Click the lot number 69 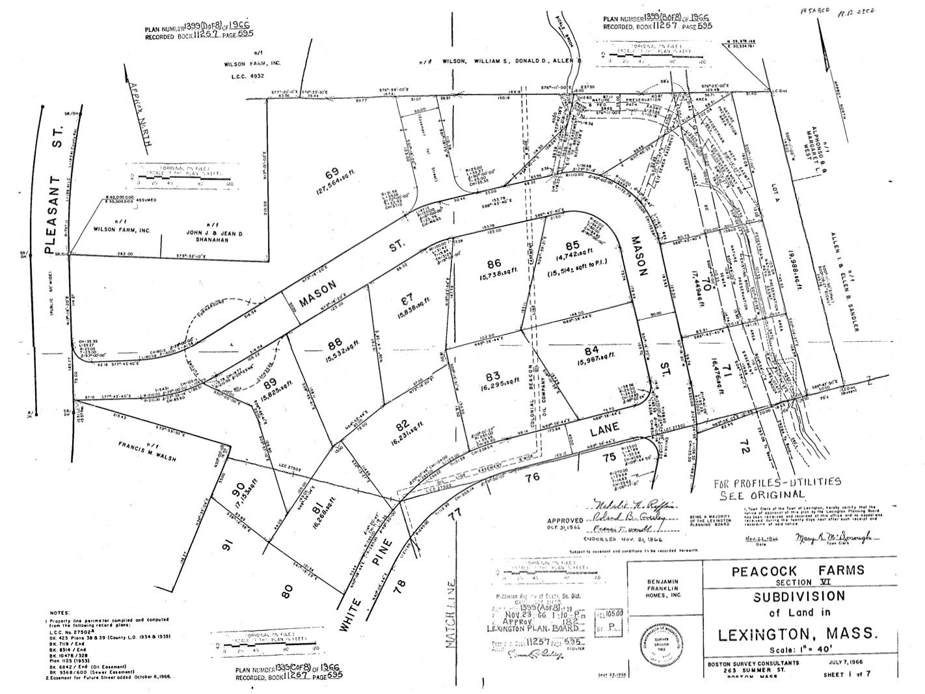click(332, 173)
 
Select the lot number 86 click(494, 263)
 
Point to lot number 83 click(492, 376)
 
